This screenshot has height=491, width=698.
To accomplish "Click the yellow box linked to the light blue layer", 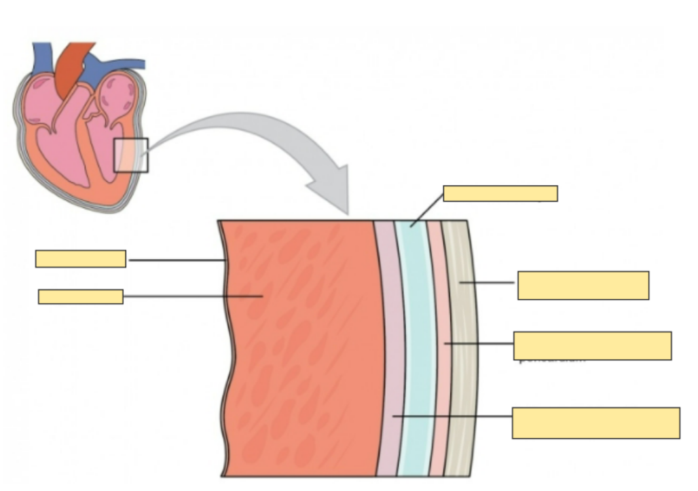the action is (500, 193).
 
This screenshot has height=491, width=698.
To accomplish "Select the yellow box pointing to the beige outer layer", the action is (583, 285).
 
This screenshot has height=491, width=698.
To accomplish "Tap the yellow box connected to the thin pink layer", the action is (592, 346).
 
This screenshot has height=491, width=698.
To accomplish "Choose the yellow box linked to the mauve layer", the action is (595, 423).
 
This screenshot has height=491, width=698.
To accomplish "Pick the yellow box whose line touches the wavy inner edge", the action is (80, 258).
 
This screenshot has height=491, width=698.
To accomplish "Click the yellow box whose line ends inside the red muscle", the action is (80, 296).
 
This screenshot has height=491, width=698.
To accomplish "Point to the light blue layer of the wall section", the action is (412, 353).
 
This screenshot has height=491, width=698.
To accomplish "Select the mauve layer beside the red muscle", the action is (388, 353).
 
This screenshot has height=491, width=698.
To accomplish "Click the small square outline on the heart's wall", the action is (130, 155).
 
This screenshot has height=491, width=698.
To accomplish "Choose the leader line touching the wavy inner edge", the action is (177, 260).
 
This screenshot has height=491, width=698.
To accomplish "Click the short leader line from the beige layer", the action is (487, 282).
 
